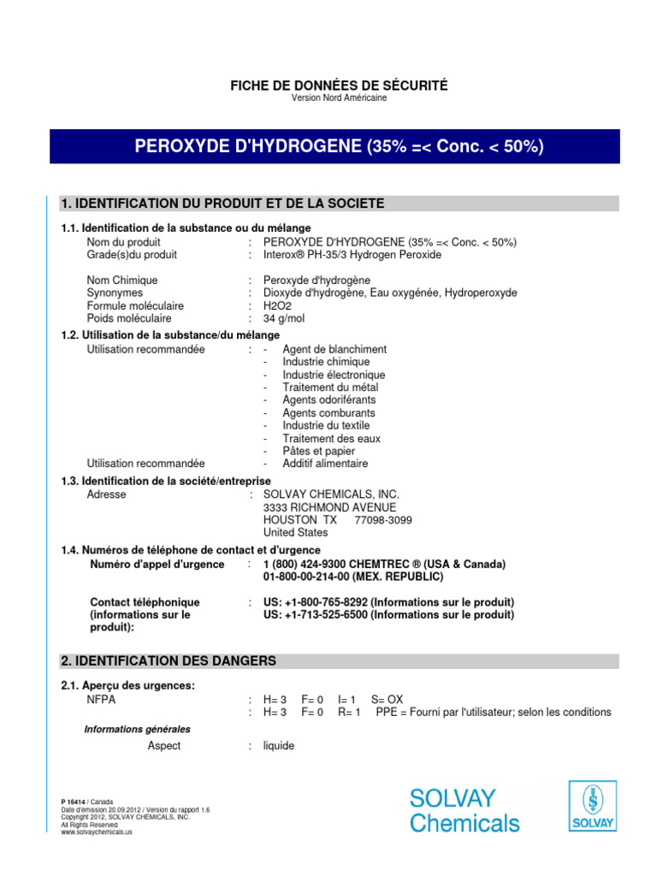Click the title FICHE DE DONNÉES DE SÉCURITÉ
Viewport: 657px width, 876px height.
pyautogui.click(x=339, y=85)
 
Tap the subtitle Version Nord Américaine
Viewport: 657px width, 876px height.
pyautogui.click(x=339, y=98)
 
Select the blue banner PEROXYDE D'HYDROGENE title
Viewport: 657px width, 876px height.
pyautogui.click(x=339, y=146)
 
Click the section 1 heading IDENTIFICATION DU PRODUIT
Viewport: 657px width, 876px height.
pyautogui.click(x=222, y=204)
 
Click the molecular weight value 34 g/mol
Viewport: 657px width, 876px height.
pyautogui.click(x=283, y=318)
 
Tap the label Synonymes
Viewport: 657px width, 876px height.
pyautogui.click(x=115, y=293)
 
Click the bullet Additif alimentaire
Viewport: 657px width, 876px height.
pyautogui.click(x=325, y=464)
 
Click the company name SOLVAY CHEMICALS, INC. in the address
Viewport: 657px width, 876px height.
pyautogui.click(x=331, y=494)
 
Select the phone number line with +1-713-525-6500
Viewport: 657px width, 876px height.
pyautogui.click(x=388, y=615)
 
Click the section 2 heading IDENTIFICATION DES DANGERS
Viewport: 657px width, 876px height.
pyautogui.click(x=169, y=661)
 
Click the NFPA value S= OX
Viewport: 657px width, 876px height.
pyautogui.click(x=387, y=699)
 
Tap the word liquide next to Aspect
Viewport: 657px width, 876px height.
pyautogui.click(x=278, y=746)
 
